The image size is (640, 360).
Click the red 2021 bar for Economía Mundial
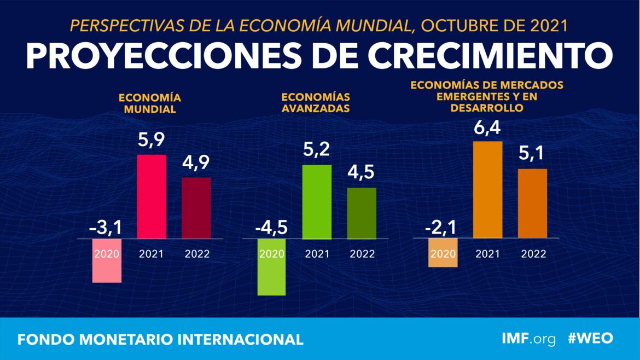coord(152,196)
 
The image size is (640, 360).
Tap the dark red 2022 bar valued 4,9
coord(196,208)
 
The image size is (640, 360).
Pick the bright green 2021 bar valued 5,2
coord(317,201)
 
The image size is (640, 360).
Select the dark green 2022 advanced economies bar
coord(362,213)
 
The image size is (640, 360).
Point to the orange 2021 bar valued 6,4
coord(487,189)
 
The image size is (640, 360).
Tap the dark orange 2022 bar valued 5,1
coord(532,203)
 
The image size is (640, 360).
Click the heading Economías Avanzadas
coord(316,102)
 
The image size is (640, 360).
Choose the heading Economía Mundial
coord(150,103)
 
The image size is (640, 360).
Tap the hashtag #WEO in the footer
coord(590,338)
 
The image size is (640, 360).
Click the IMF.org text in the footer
coord(528,338)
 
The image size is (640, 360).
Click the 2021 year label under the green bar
coord(317,254)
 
